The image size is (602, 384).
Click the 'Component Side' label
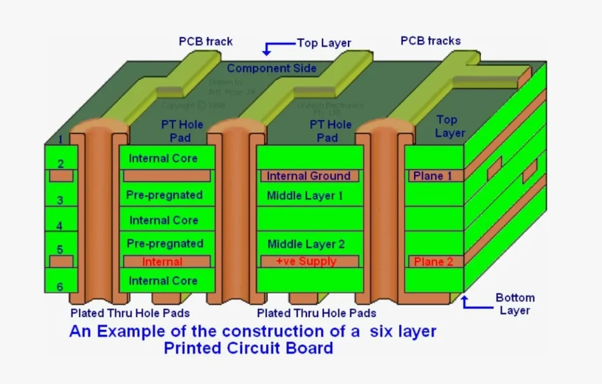tap(272, 68)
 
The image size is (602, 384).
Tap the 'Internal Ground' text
tap(308, 176)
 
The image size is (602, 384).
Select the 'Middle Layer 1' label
tap(305, 196)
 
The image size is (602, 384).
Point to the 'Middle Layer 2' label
tap(306, 244)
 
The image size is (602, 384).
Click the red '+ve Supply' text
tap(306, 261)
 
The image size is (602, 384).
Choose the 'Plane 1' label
tap(433, 176)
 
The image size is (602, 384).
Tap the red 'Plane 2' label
tap(433, 262)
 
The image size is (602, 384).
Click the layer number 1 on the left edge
tap(60, 140)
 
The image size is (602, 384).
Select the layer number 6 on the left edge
tap(60, 287)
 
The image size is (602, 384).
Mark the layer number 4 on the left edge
tap(60, 226)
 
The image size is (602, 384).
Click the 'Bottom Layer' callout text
tap(515, 304)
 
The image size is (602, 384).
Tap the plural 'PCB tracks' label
tap(430, 41)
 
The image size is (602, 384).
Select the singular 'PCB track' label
tap(206, 42)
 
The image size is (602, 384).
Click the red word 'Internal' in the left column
tap(162, 262)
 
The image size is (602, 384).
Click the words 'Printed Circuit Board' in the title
tap(248, 348)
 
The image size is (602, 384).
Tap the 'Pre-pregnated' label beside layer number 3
tap(165, 195)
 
